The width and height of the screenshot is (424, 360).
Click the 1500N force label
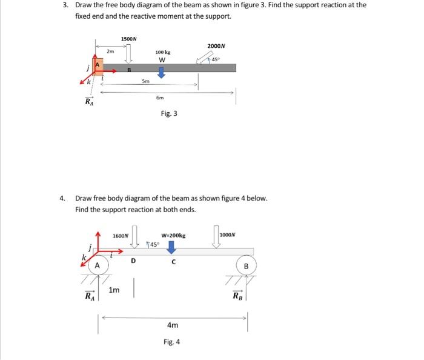[128, 39]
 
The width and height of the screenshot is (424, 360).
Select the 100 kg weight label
[162, 53]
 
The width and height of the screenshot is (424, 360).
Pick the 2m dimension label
[110, 52]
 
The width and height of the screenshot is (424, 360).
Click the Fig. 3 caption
[169, 113]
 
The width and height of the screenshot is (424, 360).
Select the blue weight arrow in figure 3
[161, 72]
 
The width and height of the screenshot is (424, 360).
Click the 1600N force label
[121, 235]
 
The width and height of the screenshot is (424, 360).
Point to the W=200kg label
[173, 235]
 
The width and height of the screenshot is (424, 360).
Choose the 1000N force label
[227, 235]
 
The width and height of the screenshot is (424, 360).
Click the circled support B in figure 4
[246, 266]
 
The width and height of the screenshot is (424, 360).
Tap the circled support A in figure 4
[96, 265]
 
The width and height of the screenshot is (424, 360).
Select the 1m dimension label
[114, 290]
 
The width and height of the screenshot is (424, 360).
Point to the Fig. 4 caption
[171, 342]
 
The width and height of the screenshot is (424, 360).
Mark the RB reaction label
[237, 296]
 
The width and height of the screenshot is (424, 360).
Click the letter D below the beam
[133, 261]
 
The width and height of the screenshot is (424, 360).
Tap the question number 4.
[62, 198]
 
